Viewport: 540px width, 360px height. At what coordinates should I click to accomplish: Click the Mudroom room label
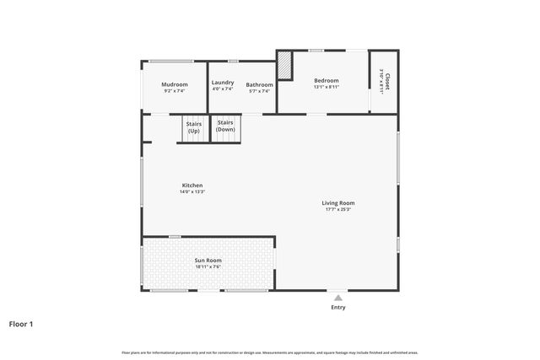[175, 84]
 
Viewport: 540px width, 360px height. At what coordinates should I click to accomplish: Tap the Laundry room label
[223, 83]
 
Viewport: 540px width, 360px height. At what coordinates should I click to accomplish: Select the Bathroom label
[259, 84]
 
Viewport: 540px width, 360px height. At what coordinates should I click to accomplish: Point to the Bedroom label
[326, 80]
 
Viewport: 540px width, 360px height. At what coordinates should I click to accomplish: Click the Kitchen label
[192, 185]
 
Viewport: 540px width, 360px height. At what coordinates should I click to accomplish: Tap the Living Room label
[337, 202]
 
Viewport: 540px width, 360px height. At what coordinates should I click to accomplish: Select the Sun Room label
[208, 261]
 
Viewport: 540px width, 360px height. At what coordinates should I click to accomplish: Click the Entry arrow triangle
[337, 297]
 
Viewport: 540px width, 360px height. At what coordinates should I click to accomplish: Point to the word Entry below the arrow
[337, 307]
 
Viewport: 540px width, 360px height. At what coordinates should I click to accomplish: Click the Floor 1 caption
[21, 323]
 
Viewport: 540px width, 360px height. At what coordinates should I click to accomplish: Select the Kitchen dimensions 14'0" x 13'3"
[192, 192]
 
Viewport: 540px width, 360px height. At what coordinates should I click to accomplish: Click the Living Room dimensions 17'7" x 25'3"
[337, 209]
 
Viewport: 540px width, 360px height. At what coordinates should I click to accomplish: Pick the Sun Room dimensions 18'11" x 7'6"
[208, 266]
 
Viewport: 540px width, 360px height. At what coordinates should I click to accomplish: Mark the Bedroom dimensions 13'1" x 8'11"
[326, 87]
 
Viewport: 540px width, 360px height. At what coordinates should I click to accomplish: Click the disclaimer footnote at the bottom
[270, 352]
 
